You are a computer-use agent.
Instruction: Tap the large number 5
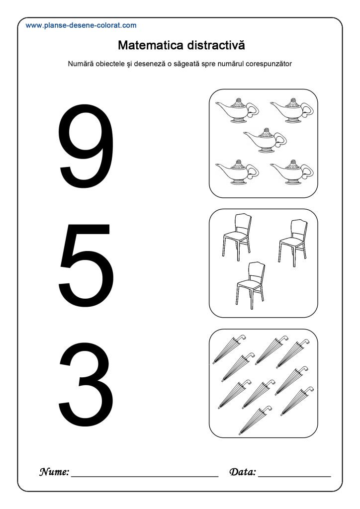pos(86,264)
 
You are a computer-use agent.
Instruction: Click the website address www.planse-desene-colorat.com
pos(81,25)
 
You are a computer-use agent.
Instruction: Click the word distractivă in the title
pos(216,45)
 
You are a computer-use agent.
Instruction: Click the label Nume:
pos(54,472)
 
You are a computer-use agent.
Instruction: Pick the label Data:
pos(243,472)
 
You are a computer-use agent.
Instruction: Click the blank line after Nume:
pos(145,476)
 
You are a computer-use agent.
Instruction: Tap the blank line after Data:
pos(294,476)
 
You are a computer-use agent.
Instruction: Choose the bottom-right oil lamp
pos(292,172)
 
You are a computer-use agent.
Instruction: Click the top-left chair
pos(237,236)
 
